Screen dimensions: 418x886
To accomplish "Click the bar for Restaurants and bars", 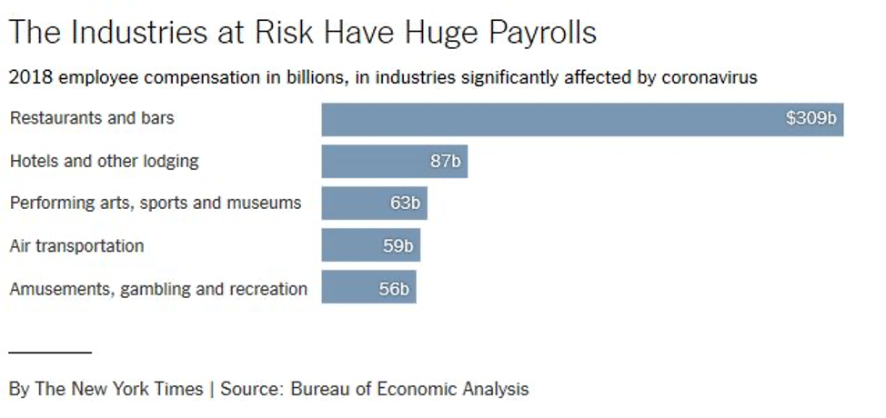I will pos(546,119).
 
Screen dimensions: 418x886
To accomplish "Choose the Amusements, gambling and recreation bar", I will pos(349,287).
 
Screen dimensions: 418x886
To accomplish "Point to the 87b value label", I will pos(447,162).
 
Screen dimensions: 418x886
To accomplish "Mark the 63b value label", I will pos(406,204).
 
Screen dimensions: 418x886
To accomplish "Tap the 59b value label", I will pos(399,245).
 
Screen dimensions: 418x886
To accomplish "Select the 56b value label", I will pos(395,290).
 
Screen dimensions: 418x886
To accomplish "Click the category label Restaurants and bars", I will pos(92,118).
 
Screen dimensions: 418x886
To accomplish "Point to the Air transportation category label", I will pos(76,245).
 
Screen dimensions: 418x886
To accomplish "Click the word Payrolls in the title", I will pos(543,34).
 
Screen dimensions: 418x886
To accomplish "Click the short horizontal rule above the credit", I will pos(50,351).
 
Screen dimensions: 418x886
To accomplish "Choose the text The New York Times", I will pos(119,389).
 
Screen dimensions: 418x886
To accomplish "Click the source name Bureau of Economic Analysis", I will pos(409,389).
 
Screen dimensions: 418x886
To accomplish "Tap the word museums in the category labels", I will pos(268,203).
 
